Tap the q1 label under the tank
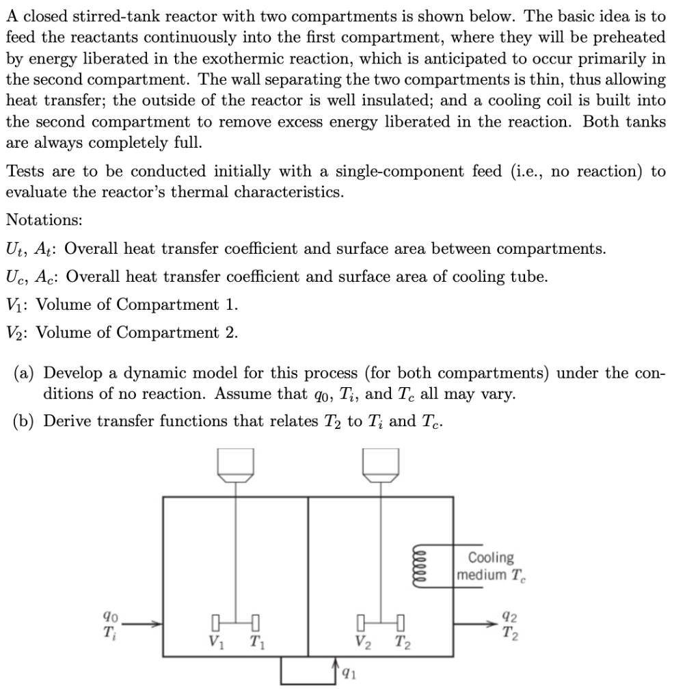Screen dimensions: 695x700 349,673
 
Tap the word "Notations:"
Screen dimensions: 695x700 44,220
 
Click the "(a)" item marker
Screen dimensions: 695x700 27,373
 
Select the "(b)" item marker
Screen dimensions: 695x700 27,420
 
